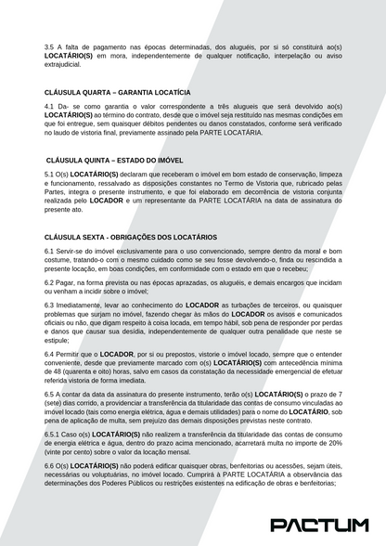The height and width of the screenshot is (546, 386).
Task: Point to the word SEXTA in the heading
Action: point(97,237)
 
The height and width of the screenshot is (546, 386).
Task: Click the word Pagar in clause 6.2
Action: point(67,281)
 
